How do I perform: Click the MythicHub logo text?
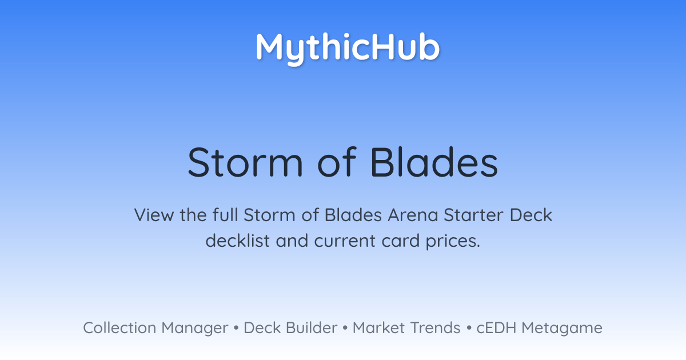click(348, 49)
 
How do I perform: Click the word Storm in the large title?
click(245, 162)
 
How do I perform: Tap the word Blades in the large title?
click(434, 162)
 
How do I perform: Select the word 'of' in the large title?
click(337, 162)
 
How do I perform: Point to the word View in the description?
click(154, 215)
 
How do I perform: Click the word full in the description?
click(225, 215)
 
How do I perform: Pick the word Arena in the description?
click(413, 215)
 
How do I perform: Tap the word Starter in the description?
click(473, 215)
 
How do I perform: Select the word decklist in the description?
click(238, 241)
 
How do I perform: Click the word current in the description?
click(345, 241)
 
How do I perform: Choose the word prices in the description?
click(453, 242)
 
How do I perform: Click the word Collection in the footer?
click(119, 328)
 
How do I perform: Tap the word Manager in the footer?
click(195, 329)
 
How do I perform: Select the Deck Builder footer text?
click(290, 328)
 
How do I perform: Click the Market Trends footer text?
click(406, 328)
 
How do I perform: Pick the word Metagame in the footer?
click(562, 329)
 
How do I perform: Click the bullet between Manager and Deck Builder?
click(236, 328)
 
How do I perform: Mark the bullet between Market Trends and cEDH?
click(469, 328)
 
